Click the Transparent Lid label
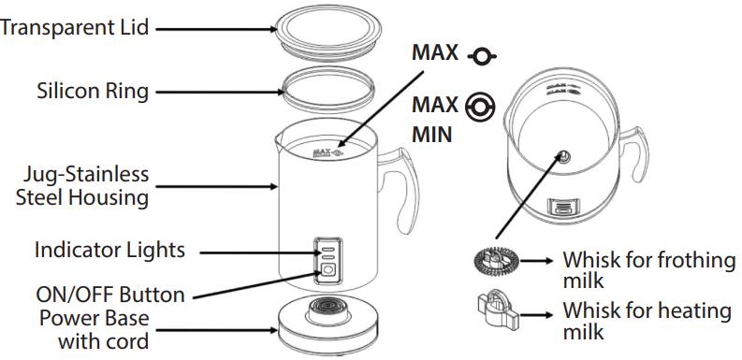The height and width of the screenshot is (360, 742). coord(74,27)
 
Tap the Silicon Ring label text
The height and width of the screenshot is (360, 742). coord(93,91)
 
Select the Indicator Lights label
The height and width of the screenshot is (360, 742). coord(109,250)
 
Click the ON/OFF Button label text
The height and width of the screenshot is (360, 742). coord(110,295)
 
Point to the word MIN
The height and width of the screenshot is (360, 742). coord(432,135)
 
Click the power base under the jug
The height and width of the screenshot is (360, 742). coord(328,326)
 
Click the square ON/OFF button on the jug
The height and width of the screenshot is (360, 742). coord(327,271)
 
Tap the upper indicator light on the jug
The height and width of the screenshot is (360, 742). coord(327,249)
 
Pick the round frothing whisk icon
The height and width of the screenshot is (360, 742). coord(496,261)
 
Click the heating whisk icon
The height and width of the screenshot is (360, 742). coord(498,311)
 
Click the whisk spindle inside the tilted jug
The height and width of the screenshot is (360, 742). coord(563,156)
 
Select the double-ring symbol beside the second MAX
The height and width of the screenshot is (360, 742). coord(480,107)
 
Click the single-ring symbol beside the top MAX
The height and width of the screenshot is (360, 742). coord(482,57)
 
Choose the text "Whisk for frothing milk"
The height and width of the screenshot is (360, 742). coord(648,269)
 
